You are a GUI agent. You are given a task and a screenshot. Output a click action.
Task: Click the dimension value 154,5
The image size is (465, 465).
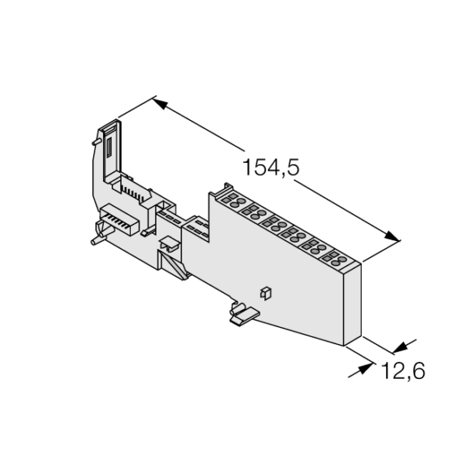[271, 167]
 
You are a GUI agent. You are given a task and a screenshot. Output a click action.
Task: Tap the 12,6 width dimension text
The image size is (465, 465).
[403, 370]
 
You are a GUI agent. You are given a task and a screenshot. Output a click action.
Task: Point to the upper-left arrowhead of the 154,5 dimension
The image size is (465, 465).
[160, 104]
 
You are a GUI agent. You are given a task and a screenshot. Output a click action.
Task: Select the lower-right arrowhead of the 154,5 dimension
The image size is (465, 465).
[392, 236]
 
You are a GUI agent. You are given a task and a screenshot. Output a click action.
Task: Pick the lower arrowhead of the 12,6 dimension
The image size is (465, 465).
[365, 369]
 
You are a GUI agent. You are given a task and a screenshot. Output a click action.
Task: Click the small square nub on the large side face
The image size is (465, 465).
[265, 293]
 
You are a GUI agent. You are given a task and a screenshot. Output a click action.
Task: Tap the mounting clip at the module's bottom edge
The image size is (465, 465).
[244, 315]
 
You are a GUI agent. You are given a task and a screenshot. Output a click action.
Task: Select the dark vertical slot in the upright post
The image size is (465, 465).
[108, 146]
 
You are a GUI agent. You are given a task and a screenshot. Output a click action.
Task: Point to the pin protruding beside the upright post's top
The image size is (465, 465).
[96, 142]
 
